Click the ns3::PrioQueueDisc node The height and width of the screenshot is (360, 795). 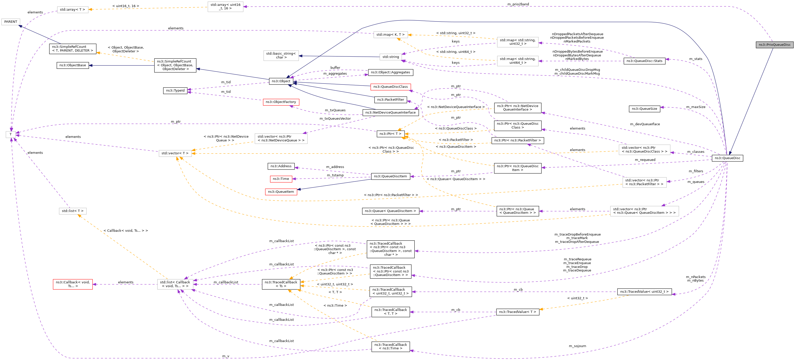tap(775, 45)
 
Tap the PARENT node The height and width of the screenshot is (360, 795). tap(11, 22)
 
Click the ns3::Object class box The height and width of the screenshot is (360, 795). tap(281, 81)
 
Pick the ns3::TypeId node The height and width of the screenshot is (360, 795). tap(175, 91)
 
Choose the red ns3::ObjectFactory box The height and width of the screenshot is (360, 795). tap(281, 102)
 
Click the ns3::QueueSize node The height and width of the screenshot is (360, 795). tap(644, 109)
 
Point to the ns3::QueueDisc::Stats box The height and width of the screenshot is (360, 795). tap(644, 61)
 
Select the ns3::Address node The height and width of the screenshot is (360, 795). tap(281, 166)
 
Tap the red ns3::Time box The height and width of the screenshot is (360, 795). tap(281, 179)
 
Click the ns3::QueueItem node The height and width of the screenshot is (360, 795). tap(281, 192)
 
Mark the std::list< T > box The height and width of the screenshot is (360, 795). tap(73, 211)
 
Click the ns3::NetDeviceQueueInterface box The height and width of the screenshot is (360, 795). tap(390, 112)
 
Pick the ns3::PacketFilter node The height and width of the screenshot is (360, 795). tap(390, 99)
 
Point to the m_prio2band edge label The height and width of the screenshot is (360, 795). tap(518, 4)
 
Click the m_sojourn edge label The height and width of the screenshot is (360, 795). tap(578, 346)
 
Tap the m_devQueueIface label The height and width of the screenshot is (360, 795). tap(645, 124)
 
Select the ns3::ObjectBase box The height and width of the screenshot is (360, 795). tap(73, 65)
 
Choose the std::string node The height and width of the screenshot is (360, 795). tap(391, 57)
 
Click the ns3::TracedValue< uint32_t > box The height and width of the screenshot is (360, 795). tap(644, 291)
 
